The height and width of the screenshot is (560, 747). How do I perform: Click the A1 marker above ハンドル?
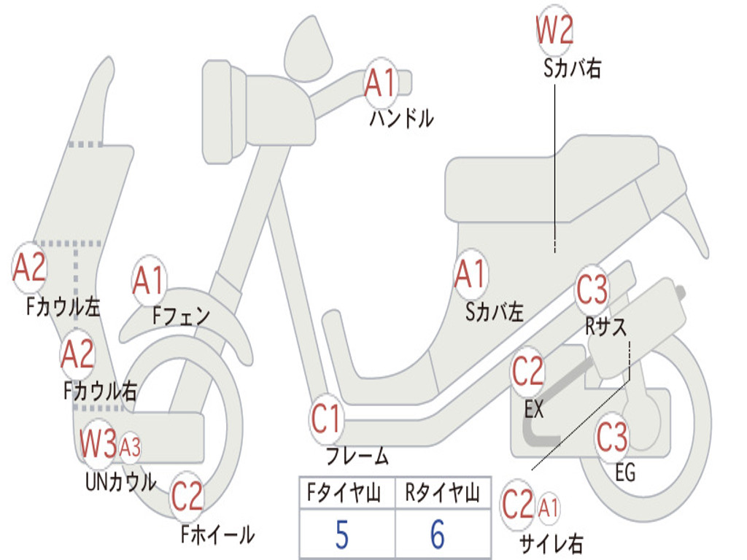click(x=380, y=82)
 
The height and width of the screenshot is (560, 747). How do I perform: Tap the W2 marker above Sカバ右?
click(x=554, y=31)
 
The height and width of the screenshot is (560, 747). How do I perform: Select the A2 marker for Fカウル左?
click(x=30, y=267)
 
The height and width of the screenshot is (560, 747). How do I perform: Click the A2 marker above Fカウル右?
click(x=78, y=354)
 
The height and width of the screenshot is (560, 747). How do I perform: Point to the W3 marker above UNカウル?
click(x=98, y=443)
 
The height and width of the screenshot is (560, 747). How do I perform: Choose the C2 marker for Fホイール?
click(x=187, y=497)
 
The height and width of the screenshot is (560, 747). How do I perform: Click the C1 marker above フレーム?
click(x=327, y=419)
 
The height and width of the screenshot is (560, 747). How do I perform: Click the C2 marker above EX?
click(x=528, y=372)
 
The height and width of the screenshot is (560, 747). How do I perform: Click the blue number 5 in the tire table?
click(x=341, y=534)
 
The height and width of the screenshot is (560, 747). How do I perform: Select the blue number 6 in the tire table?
click(x=438, y=534)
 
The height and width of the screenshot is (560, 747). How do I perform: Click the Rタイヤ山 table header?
click(x=442, y=494)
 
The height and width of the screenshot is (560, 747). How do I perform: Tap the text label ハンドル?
click(x=401, y=118)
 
